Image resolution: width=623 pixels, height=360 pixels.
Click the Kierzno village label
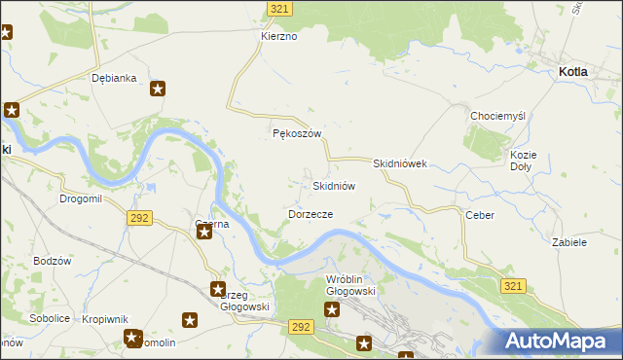click(x=278, y=36)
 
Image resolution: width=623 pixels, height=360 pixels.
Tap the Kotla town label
click(x=578, y=72)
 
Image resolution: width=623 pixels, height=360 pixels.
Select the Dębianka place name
click(x=114, y=78)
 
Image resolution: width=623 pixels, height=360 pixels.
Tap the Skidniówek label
click(x=400, y=163)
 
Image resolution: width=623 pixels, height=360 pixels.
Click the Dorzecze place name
click(x=311, y=213)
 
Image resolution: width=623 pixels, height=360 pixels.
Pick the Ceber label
click(x=480, y=215)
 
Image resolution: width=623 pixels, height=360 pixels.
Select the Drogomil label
click(x=81, y=198)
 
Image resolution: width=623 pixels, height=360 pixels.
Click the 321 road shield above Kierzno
click(x=279, y=8)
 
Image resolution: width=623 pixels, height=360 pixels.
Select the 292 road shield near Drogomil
click(x=138, y=218)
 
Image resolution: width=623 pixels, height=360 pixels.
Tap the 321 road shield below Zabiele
click(x=515, y=285)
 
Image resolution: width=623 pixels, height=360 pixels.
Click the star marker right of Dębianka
click(x=159, y=89)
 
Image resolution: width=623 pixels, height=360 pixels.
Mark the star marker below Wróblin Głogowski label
click(x=332, y=310)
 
